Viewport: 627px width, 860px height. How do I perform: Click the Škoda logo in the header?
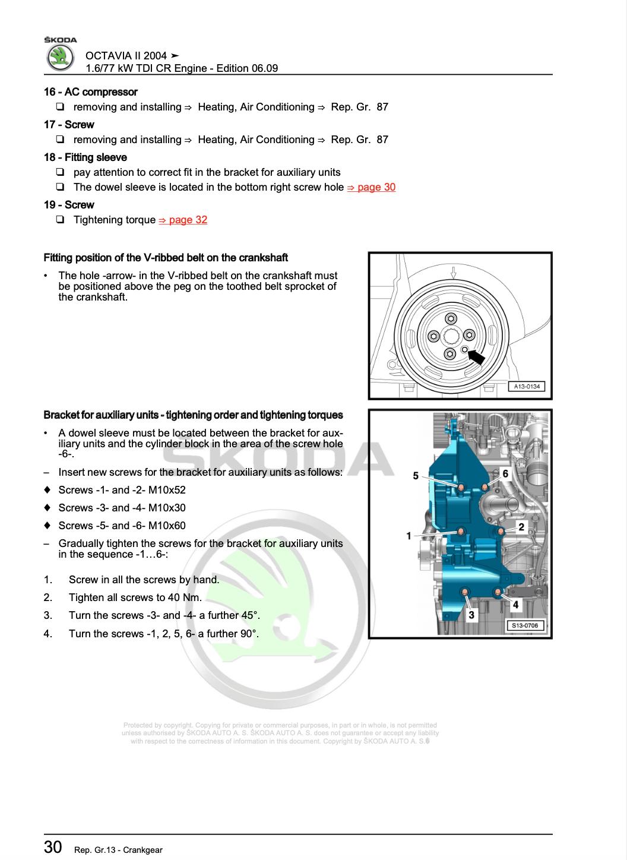pos(60,58)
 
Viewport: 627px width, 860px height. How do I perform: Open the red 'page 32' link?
pos(183,220)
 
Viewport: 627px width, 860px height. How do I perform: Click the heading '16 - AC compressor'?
pos(90,92)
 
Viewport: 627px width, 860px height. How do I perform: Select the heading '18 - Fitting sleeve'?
pos(85,157)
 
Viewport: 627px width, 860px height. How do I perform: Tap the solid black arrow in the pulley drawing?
pos(476,356)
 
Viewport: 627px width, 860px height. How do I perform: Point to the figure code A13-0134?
pos(526,387)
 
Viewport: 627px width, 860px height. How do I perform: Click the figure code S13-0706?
pos(525,625)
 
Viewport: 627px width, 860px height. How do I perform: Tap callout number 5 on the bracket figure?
pos(416,476)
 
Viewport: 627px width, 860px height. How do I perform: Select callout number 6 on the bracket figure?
pos(505,473)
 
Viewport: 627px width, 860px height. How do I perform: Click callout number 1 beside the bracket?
pos(408,536)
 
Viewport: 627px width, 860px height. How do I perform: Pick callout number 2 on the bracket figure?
pos(521,527)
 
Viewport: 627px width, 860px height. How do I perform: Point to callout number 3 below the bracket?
pos(471,615)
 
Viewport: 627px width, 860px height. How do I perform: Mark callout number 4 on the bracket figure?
pos(515,605)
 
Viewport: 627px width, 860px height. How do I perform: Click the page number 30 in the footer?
pos(53,847)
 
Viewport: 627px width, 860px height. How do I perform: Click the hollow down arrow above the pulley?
pos(453,273)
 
